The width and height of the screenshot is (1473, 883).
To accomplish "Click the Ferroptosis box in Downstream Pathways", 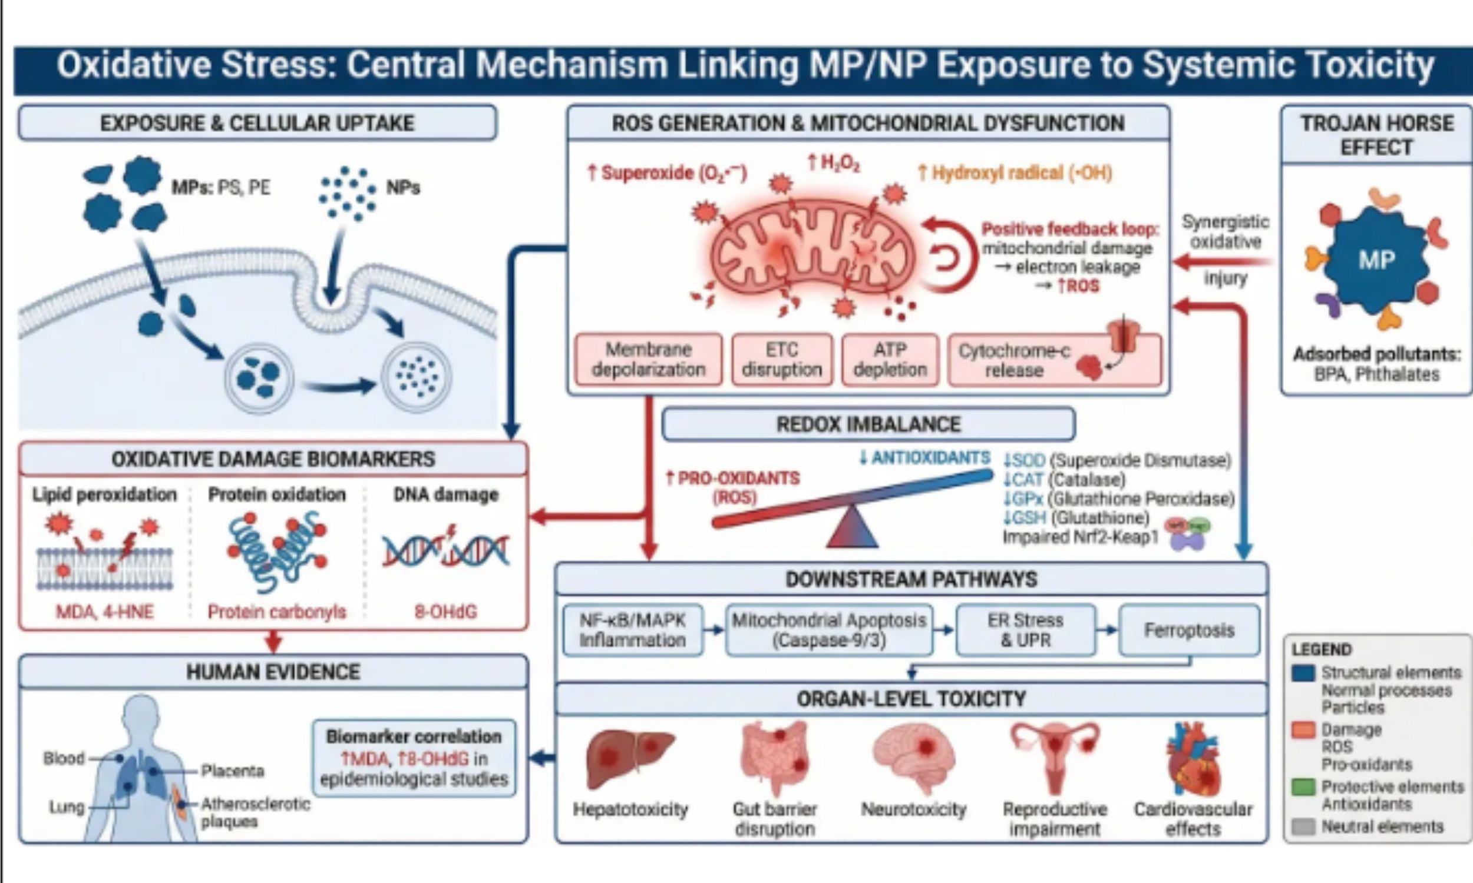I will tap(1189, 630).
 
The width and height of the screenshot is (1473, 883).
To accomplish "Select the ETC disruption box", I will tap(782, 360).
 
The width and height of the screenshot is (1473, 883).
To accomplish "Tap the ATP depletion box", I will tap(890, 360).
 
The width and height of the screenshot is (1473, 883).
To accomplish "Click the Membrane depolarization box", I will tap(648, 360).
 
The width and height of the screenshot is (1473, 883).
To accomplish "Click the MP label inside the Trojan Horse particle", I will tap(1376, 260).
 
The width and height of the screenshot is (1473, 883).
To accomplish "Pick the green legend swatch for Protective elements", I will tap(1303, 787).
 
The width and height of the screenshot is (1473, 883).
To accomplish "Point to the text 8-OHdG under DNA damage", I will tap(445, 612).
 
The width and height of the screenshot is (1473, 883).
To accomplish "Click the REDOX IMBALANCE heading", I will tap(868, 424).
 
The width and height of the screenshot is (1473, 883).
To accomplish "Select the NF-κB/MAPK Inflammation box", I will tap(632, 630).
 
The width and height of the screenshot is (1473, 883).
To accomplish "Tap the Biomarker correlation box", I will tap(414, 758).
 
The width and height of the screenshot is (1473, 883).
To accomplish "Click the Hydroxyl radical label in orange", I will tap(1015, 173).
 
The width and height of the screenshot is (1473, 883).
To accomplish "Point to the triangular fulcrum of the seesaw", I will tap(852, 529).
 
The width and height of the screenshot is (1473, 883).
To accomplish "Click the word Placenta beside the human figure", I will tap(232, 771).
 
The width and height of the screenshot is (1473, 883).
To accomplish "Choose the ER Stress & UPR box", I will tap(1025, 630).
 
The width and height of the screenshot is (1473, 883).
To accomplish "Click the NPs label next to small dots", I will tap(403, 188).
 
